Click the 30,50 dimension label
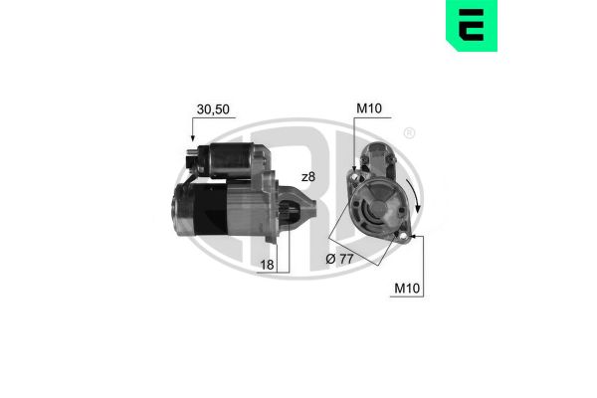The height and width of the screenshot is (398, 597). [213, 109]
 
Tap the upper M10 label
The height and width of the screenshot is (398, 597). [368, 108]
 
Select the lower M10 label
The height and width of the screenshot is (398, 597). [407, 289]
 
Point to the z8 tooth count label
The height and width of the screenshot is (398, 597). [308, 177]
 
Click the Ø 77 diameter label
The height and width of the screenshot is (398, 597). [339, 259]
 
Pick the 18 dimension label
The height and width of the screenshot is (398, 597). [267, 265]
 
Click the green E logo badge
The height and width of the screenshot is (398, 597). [472, 25]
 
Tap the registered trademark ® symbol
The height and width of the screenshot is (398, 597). [409, 133]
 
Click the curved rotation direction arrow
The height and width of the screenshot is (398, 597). [414, 195]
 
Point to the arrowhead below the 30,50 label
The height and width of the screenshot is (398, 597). [193, 138]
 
